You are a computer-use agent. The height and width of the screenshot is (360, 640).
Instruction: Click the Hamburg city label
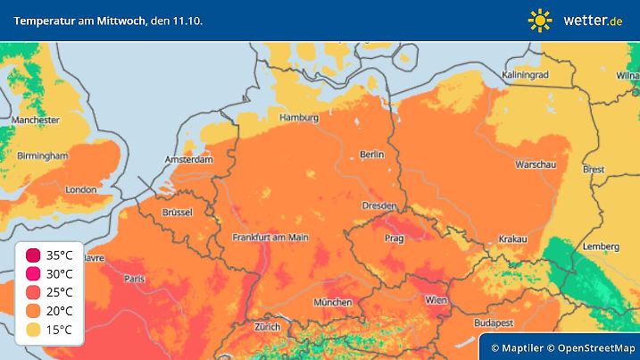[299, 118]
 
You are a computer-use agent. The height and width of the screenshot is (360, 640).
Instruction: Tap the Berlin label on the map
[371, 155]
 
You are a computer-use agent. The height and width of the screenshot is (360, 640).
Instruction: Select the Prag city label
[394, 239]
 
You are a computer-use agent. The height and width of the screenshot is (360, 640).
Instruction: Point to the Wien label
[436, 300]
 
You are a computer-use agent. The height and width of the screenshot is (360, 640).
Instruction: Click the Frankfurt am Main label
[270, 238]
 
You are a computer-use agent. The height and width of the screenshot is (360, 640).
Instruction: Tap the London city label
[80, 189]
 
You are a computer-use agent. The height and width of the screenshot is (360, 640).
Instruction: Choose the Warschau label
[536, 165]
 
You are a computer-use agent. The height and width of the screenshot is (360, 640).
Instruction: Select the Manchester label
[36, 120]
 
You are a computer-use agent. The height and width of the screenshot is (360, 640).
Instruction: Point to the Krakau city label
[512, 239]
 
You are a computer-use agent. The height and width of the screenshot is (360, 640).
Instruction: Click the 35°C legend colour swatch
[33, 255]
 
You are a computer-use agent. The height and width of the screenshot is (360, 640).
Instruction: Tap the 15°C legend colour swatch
[33, 330]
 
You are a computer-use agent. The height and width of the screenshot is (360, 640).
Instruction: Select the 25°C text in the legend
[60, 292]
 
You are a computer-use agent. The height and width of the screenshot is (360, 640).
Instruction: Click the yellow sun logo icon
[539, 20]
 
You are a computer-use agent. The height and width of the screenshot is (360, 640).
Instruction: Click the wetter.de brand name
[594, 20]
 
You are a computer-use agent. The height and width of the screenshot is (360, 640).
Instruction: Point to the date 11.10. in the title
[187, 20]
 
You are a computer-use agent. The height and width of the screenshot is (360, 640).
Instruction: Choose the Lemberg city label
[601, 247]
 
